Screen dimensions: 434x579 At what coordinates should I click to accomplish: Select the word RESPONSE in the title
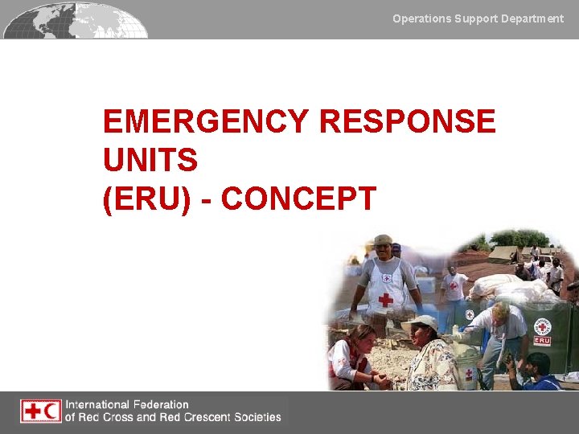point(408,122)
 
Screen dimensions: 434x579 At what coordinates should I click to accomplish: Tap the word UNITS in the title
point(150,161)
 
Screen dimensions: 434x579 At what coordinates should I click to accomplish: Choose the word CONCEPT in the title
point(298,199)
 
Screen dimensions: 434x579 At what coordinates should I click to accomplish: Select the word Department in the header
point(532,18)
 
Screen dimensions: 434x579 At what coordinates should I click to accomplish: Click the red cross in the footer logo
point(32,411)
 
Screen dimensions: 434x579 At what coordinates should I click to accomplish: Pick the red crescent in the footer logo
point(51,411)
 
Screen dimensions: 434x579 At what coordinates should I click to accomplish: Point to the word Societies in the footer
point(255,417)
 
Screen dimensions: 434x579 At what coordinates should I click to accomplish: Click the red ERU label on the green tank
point(542,339)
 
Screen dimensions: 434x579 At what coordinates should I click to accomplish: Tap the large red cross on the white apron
point(385,299)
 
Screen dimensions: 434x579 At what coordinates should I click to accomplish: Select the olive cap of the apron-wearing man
point(384,240)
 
